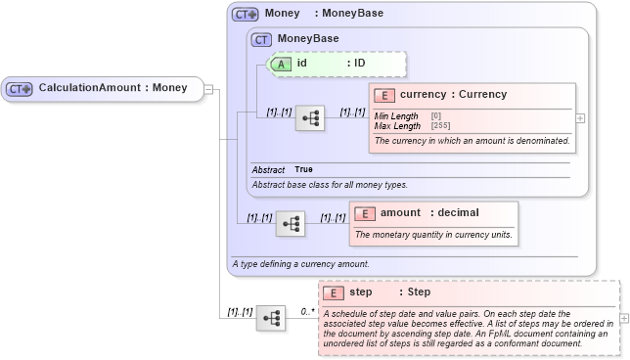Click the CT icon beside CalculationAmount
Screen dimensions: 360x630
click(x=20, y=89)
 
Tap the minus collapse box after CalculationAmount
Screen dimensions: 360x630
click(x=208, y=89)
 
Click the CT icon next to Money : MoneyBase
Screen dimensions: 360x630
click(x=245, y=15)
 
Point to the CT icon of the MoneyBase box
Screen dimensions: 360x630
click(x=261, y=39)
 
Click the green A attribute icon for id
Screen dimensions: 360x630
click(x=281, y=64)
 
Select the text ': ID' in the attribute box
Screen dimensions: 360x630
click(x=355, y=64)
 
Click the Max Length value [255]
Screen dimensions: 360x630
click(x=440, y=126)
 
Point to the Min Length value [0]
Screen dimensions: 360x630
click(x=435, y=116)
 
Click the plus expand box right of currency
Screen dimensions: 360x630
click(x=581, y=118)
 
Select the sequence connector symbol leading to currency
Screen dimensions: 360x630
click(x=310, y=118)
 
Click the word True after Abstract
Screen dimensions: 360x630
click(x=304, y=170)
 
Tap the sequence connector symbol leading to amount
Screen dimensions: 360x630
click(x=291, y=224)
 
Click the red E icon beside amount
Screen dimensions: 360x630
click(x=364, y=213)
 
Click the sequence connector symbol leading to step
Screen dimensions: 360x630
click(x=271, y=318)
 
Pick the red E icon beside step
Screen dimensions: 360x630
click(x=333, y=292)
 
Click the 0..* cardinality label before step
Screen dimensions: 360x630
click(x=307, y=311)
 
